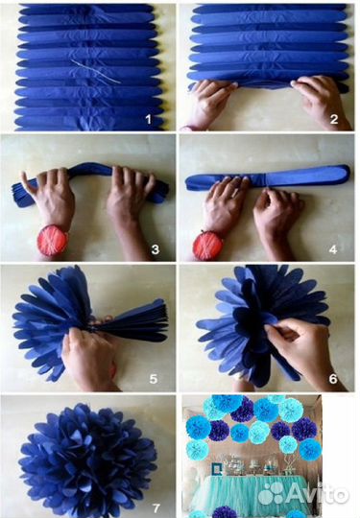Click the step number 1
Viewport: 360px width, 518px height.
coord(149,119)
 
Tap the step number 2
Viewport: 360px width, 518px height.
coord(334,119)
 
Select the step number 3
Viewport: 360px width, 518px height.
coord(156,249)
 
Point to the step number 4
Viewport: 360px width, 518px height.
coord(333,249)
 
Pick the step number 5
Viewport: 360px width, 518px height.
coord(153,379)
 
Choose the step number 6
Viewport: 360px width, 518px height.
coord(333,379)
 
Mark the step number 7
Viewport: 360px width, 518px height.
coord(156,508)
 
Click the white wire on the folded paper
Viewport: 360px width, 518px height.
coord(96,71)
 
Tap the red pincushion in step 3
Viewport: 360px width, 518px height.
coord(52,241)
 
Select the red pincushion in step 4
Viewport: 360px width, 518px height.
coord(208,246)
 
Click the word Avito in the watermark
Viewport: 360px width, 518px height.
coord(317,495)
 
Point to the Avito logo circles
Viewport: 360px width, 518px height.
coord(271,494)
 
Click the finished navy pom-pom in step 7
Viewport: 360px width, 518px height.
coord(88,460)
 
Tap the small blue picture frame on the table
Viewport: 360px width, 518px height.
coord(217,469)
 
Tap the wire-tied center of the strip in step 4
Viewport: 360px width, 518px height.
coord(266,179)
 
